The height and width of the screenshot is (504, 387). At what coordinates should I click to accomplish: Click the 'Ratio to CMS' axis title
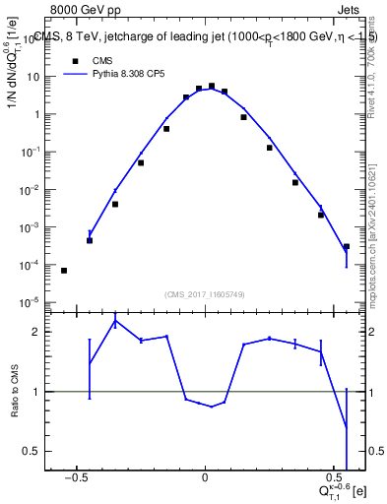point(13,391)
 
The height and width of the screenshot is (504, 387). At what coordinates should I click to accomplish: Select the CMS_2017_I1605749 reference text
point(205,294)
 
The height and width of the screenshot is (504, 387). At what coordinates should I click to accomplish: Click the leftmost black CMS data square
point(64,270)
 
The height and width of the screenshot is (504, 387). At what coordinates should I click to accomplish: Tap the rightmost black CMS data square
point(347,246)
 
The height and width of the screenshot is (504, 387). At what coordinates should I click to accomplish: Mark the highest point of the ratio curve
point(115,320)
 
